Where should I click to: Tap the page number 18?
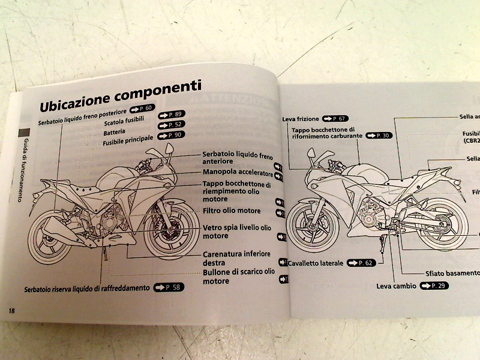tap(11, 310)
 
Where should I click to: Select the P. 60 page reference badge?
tap(142, 108)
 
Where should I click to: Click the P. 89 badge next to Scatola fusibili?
tap(170, 114)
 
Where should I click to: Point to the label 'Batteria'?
tap(115, 132)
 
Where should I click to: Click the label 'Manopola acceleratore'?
tap(237, 173)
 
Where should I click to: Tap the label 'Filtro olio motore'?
tap(231, 211)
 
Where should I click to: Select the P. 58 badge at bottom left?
tap(168, 287)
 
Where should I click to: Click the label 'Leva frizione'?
tap(301, 119)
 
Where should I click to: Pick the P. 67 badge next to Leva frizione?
tap(335, 118)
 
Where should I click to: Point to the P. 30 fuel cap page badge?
tap(379, 136)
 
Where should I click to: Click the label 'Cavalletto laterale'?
tap(316, 263)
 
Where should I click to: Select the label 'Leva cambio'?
tap(396, 286)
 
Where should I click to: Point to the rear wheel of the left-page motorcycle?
tap(52, 239)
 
